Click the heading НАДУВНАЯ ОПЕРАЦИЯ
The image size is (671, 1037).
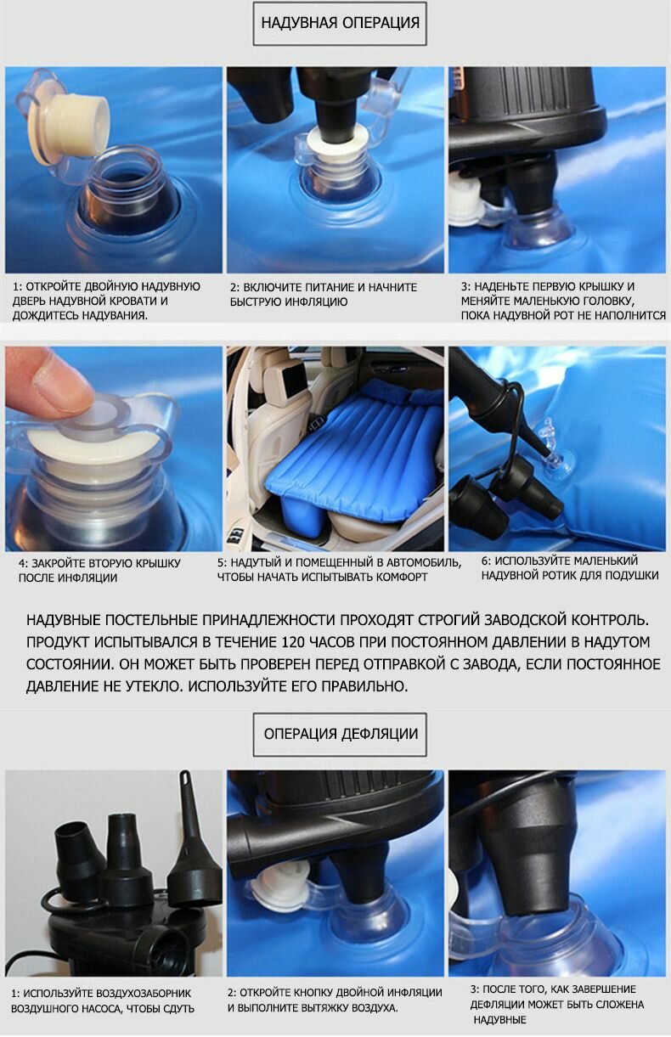[340, 23]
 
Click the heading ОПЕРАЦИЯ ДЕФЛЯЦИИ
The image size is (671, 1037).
[341, 734]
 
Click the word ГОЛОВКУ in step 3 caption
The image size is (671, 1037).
[607, 301]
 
